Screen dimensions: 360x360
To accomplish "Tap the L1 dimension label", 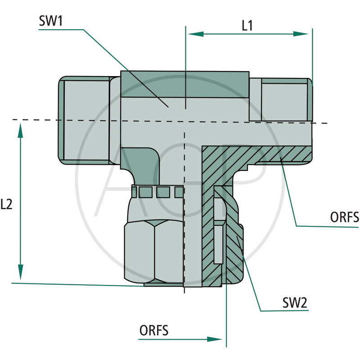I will click(247, 26).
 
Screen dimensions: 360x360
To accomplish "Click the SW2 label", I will click(295, 302).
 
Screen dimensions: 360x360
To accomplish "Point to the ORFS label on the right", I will click(344, 217).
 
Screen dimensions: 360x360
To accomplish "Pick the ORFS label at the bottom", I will click(153, 330).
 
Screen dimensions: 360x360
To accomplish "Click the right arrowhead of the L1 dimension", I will click(301, 34).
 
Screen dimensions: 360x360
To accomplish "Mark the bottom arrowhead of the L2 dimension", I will click(20, 272).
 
